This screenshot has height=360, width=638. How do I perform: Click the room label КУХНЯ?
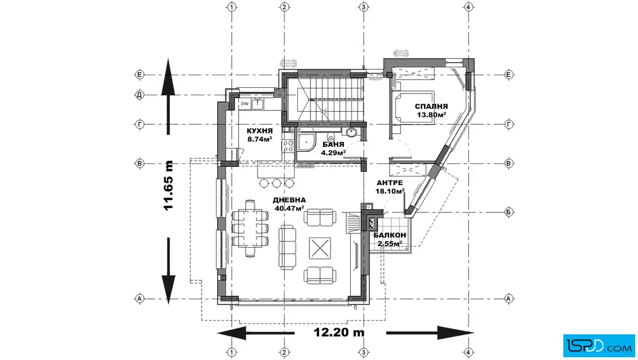click(260, 131)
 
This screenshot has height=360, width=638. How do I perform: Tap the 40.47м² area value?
click(289, 208)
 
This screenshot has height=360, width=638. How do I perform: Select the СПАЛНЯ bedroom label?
click(431, 107)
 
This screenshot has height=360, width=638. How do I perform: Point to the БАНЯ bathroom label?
click(333, 145)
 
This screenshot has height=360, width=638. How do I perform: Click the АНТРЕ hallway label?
click(390, 183)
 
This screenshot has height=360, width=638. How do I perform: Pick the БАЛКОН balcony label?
click(390, 235)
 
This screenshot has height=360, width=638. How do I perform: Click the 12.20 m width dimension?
click(339, 332)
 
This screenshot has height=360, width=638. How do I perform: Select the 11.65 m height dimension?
click(169, 186)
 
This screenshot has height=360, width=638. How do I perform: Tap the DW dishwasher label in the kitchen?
click(244, 104)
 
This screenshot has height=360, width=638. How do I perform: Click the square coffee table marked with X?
click(320, 248)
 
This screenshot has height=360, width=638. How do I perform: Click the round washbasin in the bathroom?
click(351, 132)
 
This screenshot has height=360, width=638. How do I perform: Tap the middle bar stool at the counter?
click(277, 183)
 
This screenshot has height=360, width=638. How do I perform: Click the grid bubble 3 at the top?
click(364, 7)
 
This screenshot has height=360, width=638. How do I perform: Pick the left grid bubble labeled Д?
click(140, 95)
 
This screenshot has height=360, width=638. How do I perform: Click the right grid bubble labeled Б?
click(509, 212)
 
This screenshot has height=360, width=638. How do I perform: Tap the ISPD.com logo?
click(599, 346)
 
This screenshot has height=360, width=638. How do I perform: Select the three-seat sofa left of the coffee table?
click(287, 247)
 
